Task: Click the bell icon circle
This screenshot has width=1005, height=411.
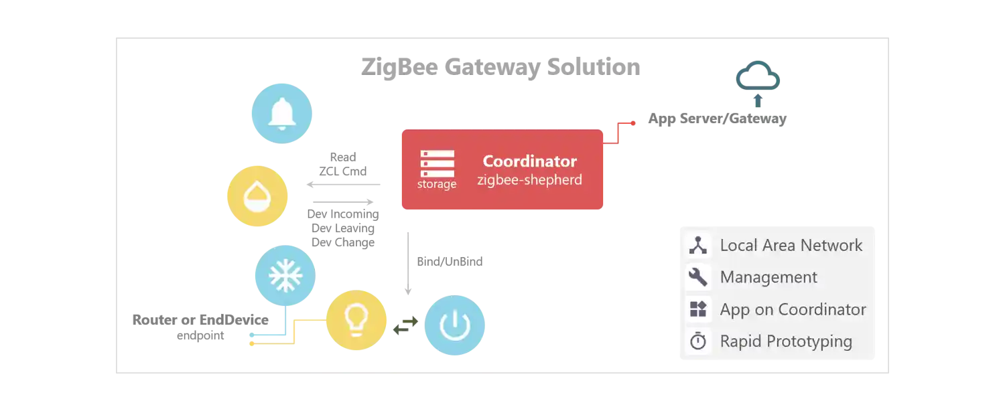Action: (281, 113)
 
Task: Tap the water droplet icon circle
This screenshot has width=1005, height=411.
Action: (257, 197)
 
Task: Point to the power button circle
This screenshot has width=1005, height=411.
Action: (455, 326)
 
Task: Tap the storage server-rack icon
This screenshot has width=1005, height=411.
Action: (437, 163)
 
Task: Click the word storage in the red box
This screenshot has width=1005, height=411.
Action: (437, 184)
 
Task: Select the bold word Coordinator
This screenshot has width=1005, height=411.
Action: (529, 161)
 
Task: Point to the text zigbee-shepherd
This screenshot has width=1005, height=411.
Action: (529, 180)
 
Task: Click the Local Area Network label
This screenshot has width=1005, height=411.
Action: (791, 246)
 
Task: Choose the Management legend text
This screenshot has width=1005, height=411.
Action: (768, 277)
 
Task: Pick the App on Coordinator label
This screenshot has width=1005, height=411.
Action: (793, 309)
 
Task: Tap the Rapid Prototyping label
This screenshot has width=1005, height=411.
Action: (786, 341)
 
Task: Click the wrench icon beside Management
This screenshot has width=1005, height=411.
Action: (698, 277)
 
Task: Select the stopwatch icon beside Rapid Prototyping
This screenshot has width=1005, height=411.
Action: (698, 341)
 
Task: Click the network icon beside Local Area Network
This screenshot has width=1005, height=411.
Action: (698, 246)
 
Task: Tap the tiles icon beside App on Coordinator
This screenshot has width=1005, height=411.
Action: (698, 309)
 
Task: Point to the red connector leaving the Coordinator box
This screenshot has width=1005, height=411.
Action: (620, 131)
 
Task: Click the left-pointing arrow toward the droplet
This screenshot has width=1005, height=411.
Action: (342, 184)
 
